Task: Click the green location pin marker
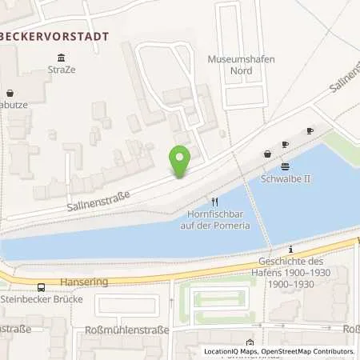181,162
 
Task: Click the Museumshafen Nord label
230,65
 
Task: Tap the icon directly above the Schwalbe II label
286,166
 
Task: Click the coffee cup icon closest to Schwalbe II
286,145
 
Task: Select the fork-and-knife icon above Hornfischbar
214,202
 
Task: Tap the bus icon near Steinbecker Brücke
40,288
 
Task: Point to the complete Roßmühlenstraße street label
135,331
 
